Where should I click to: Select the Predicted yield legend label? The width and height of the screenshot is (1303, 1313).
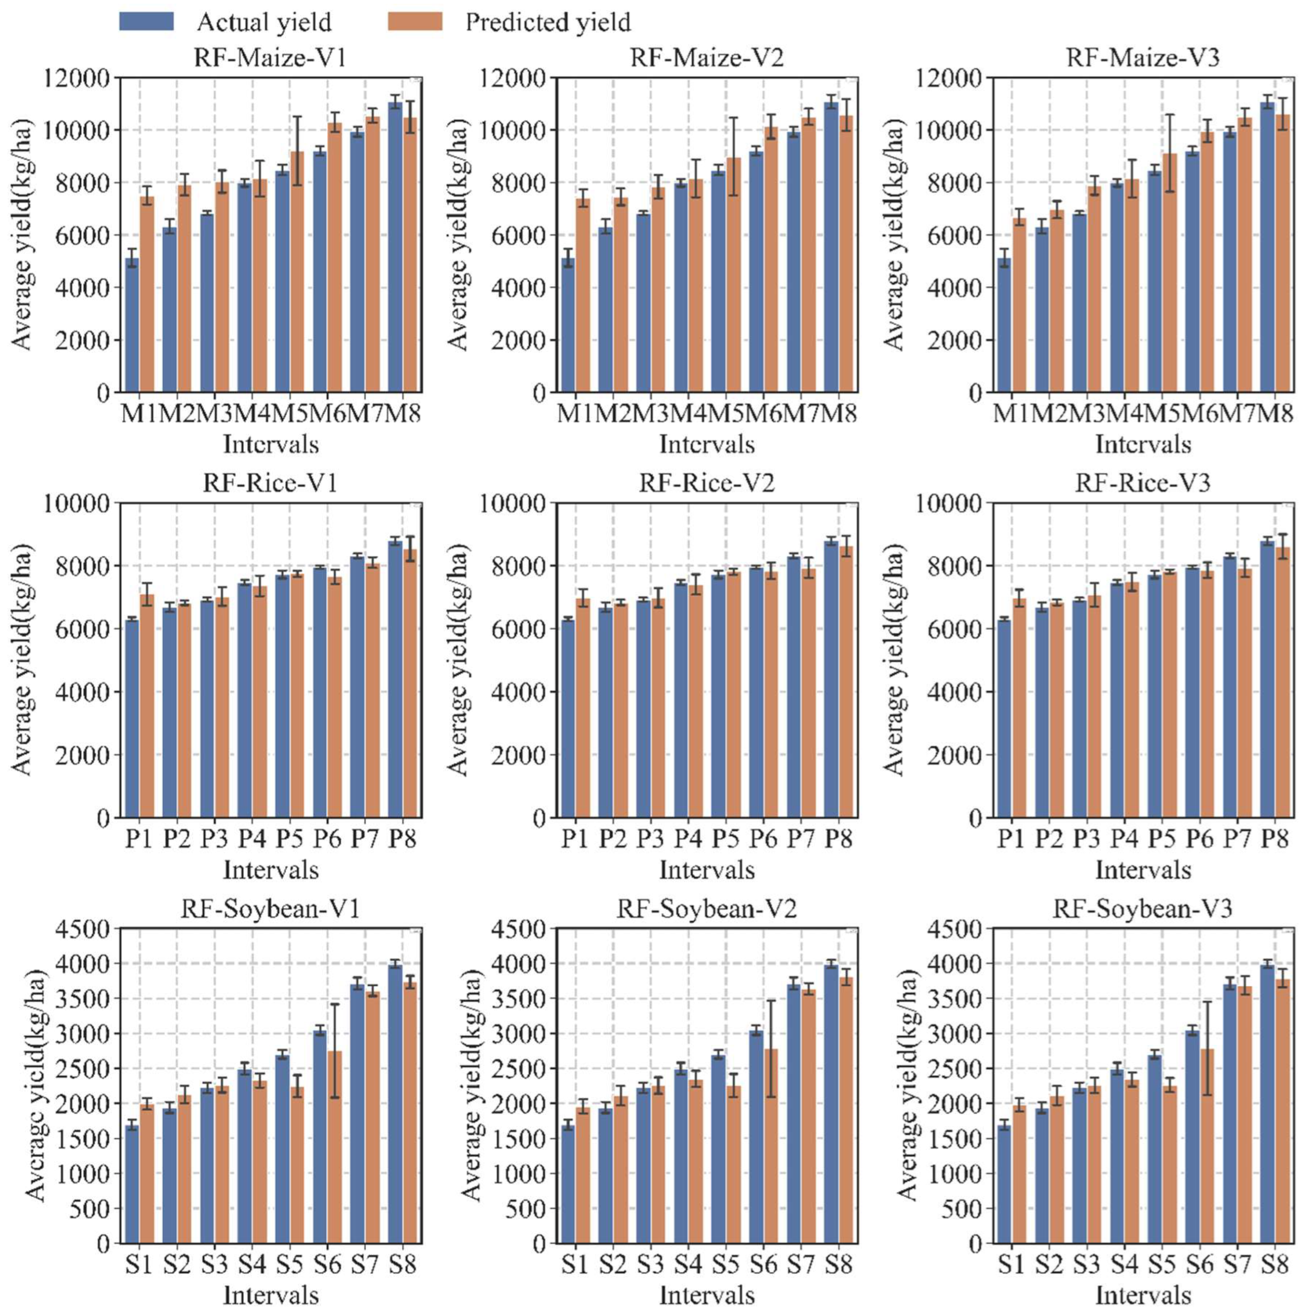tap(548, 22)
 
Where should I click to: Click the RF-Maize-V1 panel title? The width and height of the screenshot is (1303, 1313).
tap(270, 58)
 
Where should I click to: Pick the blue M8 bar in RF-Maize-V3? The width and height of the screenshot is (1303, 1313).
tap(1267, 248)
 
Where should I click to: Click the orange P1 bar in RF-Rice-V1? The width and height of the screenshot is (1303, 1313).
tap(147, 707)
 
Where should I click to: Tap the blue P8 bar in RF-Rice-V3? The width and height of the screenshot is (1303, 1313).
tap(1267, 679)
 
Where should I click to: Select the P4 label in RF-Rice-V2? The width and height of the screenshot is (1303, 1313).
tap(688, 839)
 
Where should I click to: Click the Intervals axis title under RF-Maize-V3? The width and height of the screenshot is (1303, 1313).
tap(1143, 444)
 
